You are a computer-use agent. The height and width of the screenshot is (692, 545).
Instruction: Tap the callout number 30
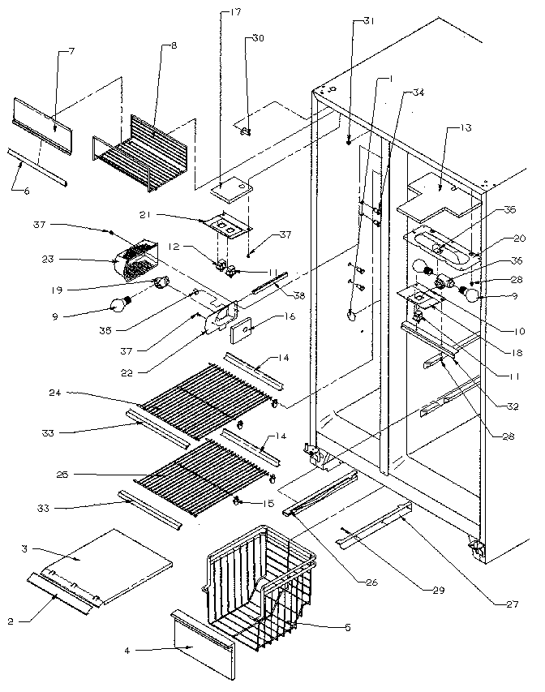[x=258, y=38]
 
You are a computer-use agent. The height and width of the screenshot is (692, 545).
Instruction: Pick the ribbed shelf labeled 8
[x=142, y=154]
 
